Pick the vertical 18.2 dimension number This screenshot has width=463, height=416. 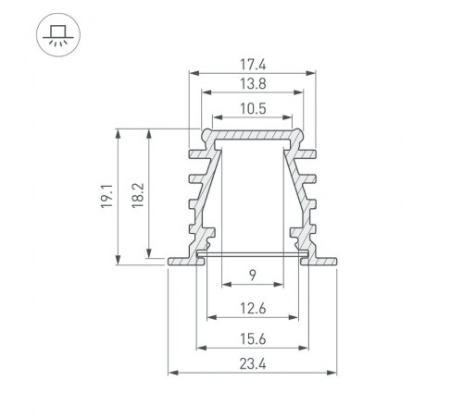pyautogui.click(x=138, y=195)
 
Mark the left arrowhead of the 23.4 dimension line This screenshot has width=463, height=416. pyautogui.click(x=172, y=374)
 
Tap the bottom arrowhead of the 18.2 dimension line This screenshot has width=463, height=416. pyautogui.click(x=149, y=252)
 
